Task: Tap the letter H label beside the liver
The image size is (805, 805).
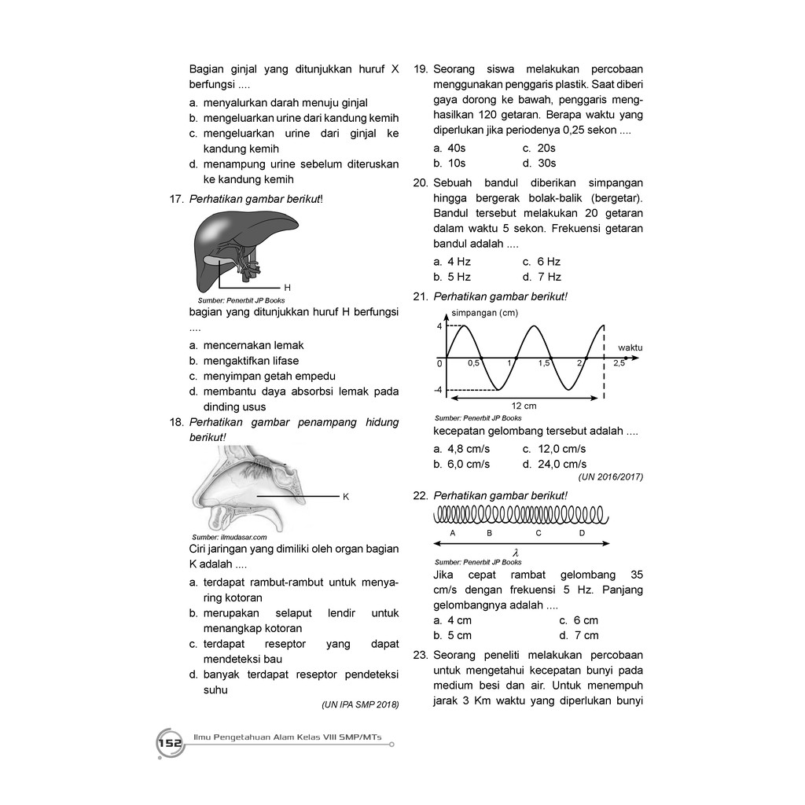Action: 287,287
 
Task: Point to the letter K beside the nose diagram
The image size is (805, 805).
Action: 346,497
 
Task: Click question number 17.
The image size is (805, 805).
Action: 176,199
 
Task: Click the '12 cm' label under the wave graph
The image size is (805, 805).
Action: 524,406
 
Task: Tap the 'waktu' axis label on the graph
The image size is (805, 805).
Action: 630,347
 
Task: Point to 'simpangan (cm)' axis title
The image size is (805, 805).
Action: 484,313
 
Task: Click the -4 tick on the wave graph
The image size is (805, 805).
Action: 438,390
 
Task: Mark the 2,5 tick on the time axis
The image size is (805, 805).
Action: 619,364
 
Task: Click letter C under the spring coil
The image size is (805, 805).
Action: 539,533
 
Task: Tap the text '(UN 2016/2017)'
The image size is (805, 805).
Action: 611,476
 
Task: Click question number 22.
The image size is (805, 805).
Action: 419,495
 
